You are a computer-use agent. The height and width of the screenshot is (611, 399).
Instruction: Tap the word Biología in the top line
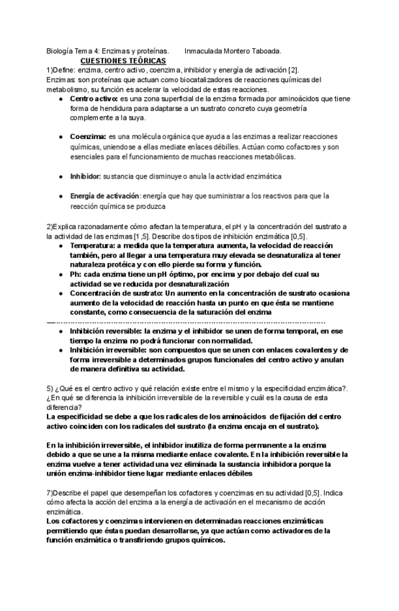[59, 52]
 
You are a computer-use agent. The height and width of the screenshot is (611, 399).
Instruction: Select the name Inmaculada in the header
[206, 52]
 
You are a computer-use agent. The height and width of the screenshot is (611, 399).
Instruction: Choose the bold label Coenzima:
[88, 136]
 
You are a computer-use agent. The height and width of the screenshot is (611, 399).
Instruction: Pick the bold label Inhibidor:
[86, 176]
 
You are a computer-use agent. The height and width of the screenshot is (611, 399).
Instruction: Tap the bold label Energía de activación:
[105, 195]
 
